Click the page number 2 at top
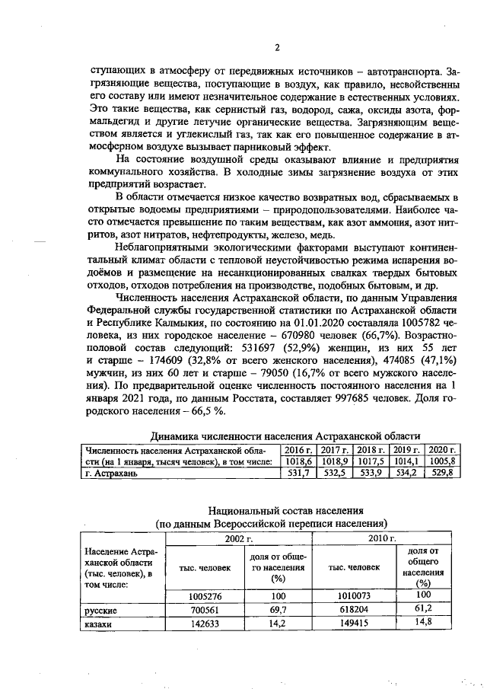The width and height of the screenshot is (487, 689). coord(277,48)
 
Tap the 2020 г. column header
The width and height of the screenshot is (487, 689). coord(442,450)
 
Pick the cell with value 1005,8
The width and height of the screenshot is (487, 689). coord(442,461)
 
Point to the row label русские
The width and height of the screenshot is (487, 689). coord(100,611)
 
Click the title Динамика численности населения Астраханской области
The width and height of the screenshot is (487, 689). coord(285,436)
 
